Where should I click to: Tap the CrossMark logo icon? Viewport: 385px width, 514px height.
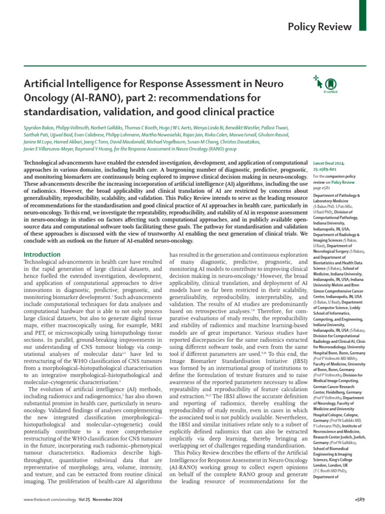point(330,84)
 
